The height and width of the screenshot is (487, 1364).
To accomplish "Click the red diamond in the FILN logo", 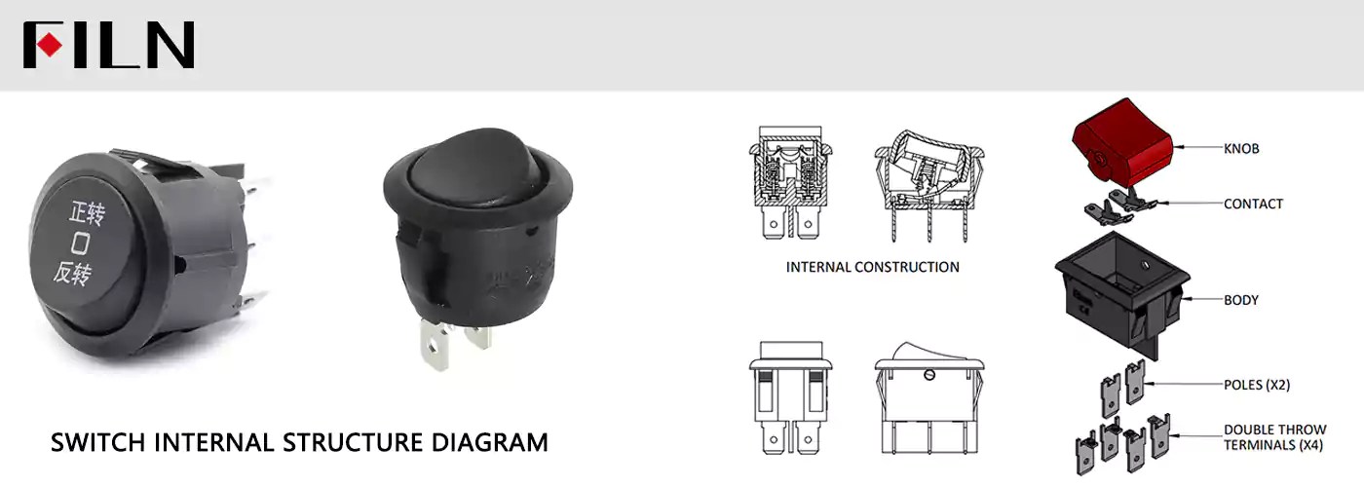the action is click(x=50, y=45).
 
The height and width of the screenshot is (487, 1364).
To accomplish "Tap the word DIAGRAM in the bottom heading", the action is click(x=489, y=442).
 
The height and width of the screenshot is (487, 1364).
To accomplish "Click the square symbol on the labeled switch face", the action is click(x=80, y=243).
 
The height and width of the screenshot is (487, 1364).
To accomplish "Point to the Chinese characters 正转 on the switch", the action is click(x=87, y=213).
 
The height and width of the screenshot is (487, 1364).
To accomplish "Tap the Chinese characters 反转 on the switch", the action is click(x=72, y=274).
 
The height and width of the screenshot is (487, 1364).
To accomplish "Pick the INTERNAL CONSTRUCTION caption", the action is click(x=873, y=267).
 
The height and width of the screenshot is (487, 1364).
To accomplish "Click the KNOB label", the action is click(x=1241, y=148).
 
